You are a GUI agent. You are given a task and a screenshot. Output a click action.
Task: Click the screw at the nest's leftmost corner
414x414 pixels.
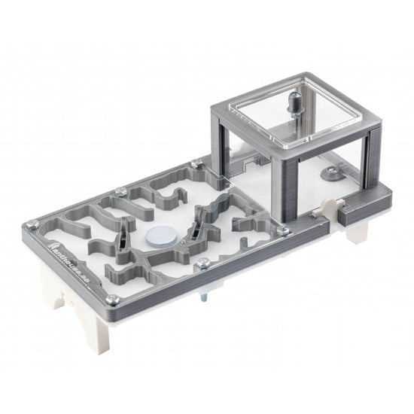coord(32,224)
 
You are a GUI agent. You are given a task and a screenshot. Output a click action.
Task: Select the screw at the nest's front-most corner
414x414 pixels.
coord(111,300)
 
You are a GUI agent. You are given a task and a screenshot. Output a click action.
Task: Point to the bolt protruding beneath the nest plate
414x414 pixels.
coord(203,300)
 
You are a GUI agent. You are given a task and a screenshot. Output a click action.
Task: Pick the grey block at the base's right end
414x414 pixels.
coord(361,211)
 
